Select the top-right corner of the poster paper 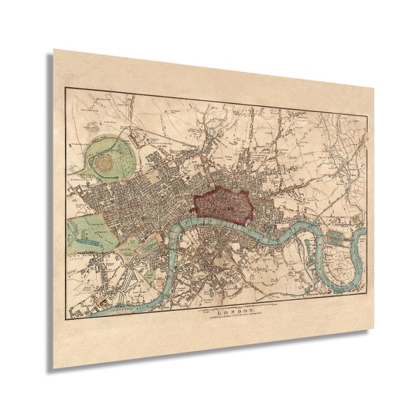tap(375, 87)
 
